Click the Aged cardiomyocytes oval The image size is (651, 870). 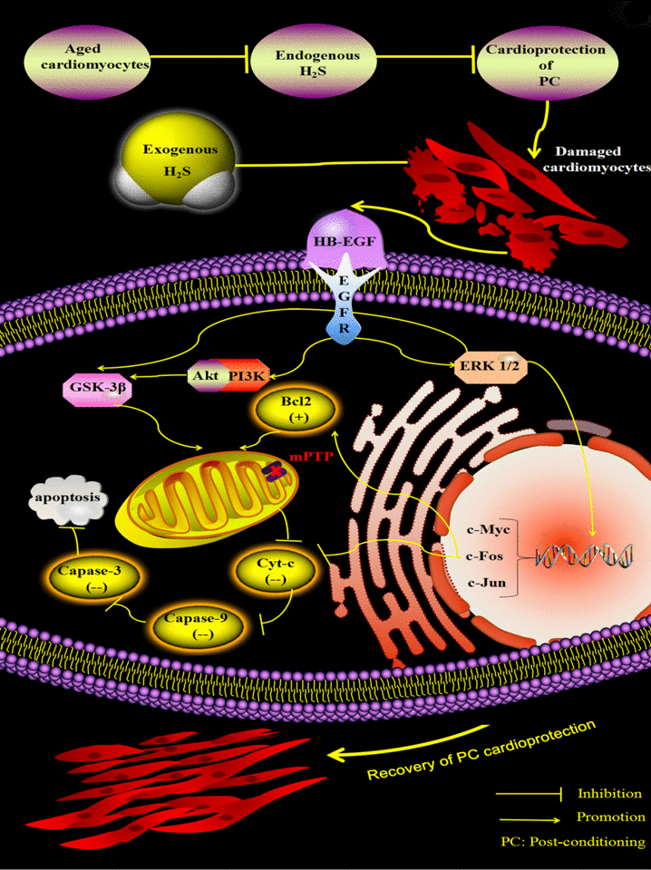point(87,62)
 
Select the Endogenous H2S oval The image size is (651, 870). point(305,62)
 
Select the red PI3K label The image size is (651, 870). point(241,373)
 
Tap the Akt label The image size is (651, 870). point(202,373)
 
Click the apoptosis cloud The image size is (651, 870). point(70,498)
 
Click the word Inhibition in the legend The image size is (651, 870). point(609,794)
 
